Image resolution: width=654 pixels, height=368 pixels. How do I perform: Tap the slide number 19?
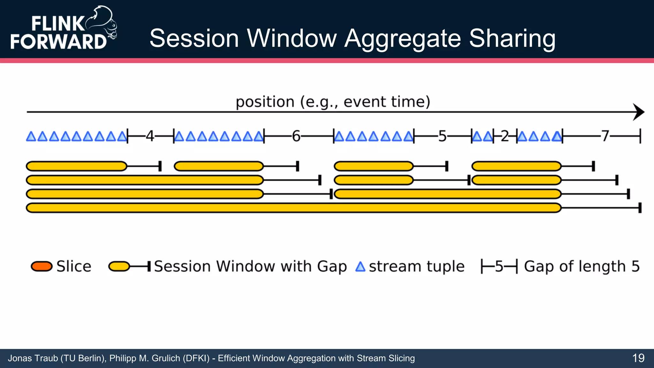tap(638, 358)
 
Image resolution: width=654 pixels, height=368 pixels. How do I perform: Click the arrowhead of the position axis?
tap(639, 112)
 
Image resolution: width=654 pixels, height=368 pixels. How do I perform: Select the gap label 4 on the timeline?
tap(150, 136)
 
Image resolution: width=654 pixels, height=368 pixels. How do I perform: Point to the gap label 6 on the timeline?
tap(296, 136)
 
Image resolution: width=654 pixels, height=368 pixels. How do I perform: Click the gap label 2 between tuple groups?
tap(505, 136)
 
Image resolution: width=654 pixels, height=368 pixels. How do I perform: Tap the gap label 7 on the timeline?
tap(605, 136)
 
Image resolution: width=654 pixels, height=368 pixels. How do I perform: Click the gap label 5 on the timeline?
tap(442, 136)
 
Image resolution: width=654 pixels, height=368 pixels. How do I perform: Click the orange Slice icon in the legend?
tap(42, 266)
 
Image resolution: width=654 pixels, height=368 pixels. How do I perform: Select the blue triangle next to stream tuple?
tap(360, 267)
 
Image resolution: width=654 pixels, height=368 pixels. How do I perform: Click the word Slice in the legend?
tap(74, 266)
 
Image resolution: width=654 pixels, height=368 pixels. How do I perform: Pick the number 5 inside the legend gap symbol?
tap(499, 266)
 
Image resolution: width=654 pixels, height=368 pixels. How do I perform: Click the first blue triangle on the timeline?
tap(31, 137)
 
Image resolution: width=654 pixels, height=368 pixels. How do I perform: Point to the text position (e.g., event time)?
tap(333, 102)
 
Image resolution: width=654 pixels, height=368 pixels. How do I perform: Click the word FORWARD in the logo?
tap(58, 42)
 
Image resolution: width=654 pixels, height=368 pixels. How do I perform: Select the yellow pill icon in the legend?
tap(119, 266)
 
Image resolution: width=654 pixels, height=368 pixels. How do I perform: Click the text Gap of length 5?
tap(582, 266)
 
